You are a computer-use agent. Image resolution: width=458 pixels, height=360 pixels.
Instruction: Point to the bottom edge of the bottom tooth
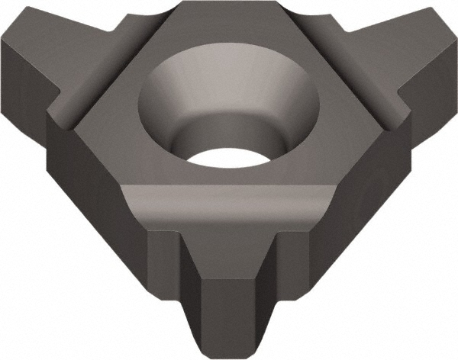point(229,352)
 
